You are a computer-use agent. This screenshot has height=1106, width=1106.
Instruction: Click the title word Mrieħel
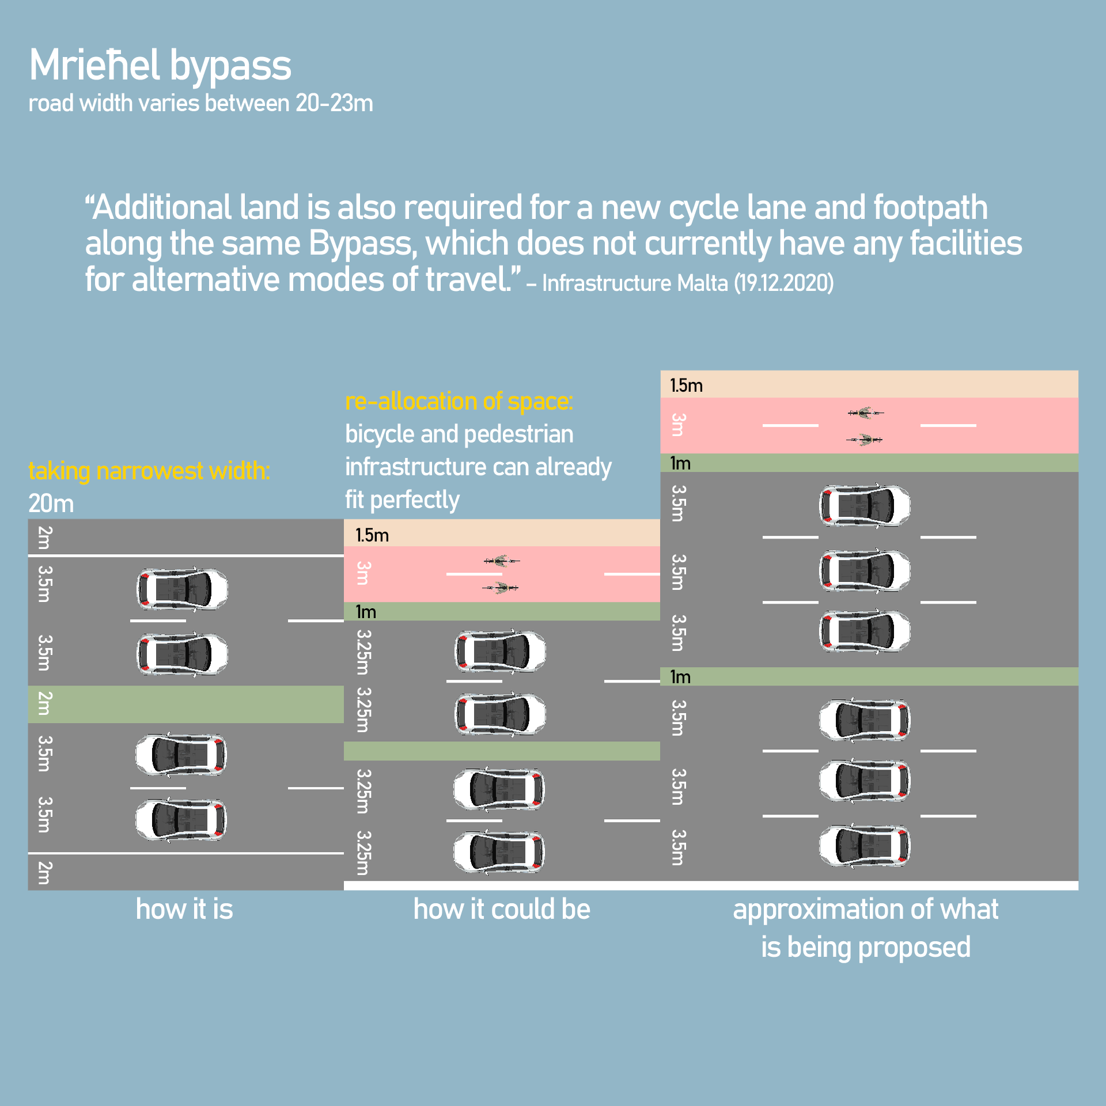click(94, 65)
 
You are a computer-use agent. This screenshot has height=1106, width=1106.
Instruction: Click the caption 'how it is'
click(184, 909)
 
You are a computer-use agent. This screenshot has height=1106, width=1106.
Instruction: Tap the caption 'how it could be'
click(502, 909)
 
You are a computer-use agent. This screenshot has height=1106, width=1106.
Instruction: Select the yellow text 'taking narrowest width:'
click(149, 471)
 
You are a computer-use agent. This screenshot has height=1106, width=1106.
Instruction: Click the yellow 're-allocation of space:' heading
click(459, 402)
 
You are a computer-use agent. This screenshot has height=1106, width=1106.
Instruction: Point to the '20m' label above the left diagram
click(51, 504)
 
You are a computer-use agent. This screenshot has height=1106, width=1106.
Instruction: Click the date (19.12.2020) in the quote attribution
click(783, 283)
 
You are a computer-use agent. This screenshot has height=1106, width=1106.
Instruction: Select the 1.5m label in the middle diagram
click(372, 535)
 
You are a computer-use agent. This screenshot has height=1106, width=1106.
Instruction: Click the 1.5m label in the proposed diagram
click(686, 385)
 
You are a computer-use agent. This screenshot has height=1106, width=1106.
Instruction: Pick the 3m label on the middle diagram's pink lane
click(362, 574)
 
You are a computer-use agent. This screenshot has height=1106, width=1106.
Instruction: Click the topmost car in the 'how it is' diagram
click(182, 589)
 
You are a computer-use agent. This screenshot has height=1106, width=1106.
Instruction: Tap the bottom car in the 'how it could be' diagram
click(499, 852)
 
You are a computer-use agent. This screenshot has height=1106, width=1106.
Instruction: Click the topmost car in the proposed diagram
click(865, 506)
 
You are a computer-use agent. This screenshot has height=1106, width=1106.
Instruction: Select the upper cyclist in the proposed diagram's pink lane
click(865, 412)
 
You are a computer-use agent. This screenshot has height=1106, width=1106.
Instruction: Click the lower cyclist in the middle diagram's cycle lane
click(501, 588)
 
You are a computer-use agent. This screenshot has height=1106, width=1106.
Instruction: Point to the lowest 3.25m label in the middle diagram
click(362, 853)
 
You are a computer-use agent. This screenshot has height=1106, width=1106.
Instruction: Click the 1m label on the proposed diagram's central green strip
click(680, 677)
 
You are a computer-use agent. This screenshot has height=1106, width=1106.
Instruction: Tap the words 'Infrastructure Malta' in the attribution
click(635, 283)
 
